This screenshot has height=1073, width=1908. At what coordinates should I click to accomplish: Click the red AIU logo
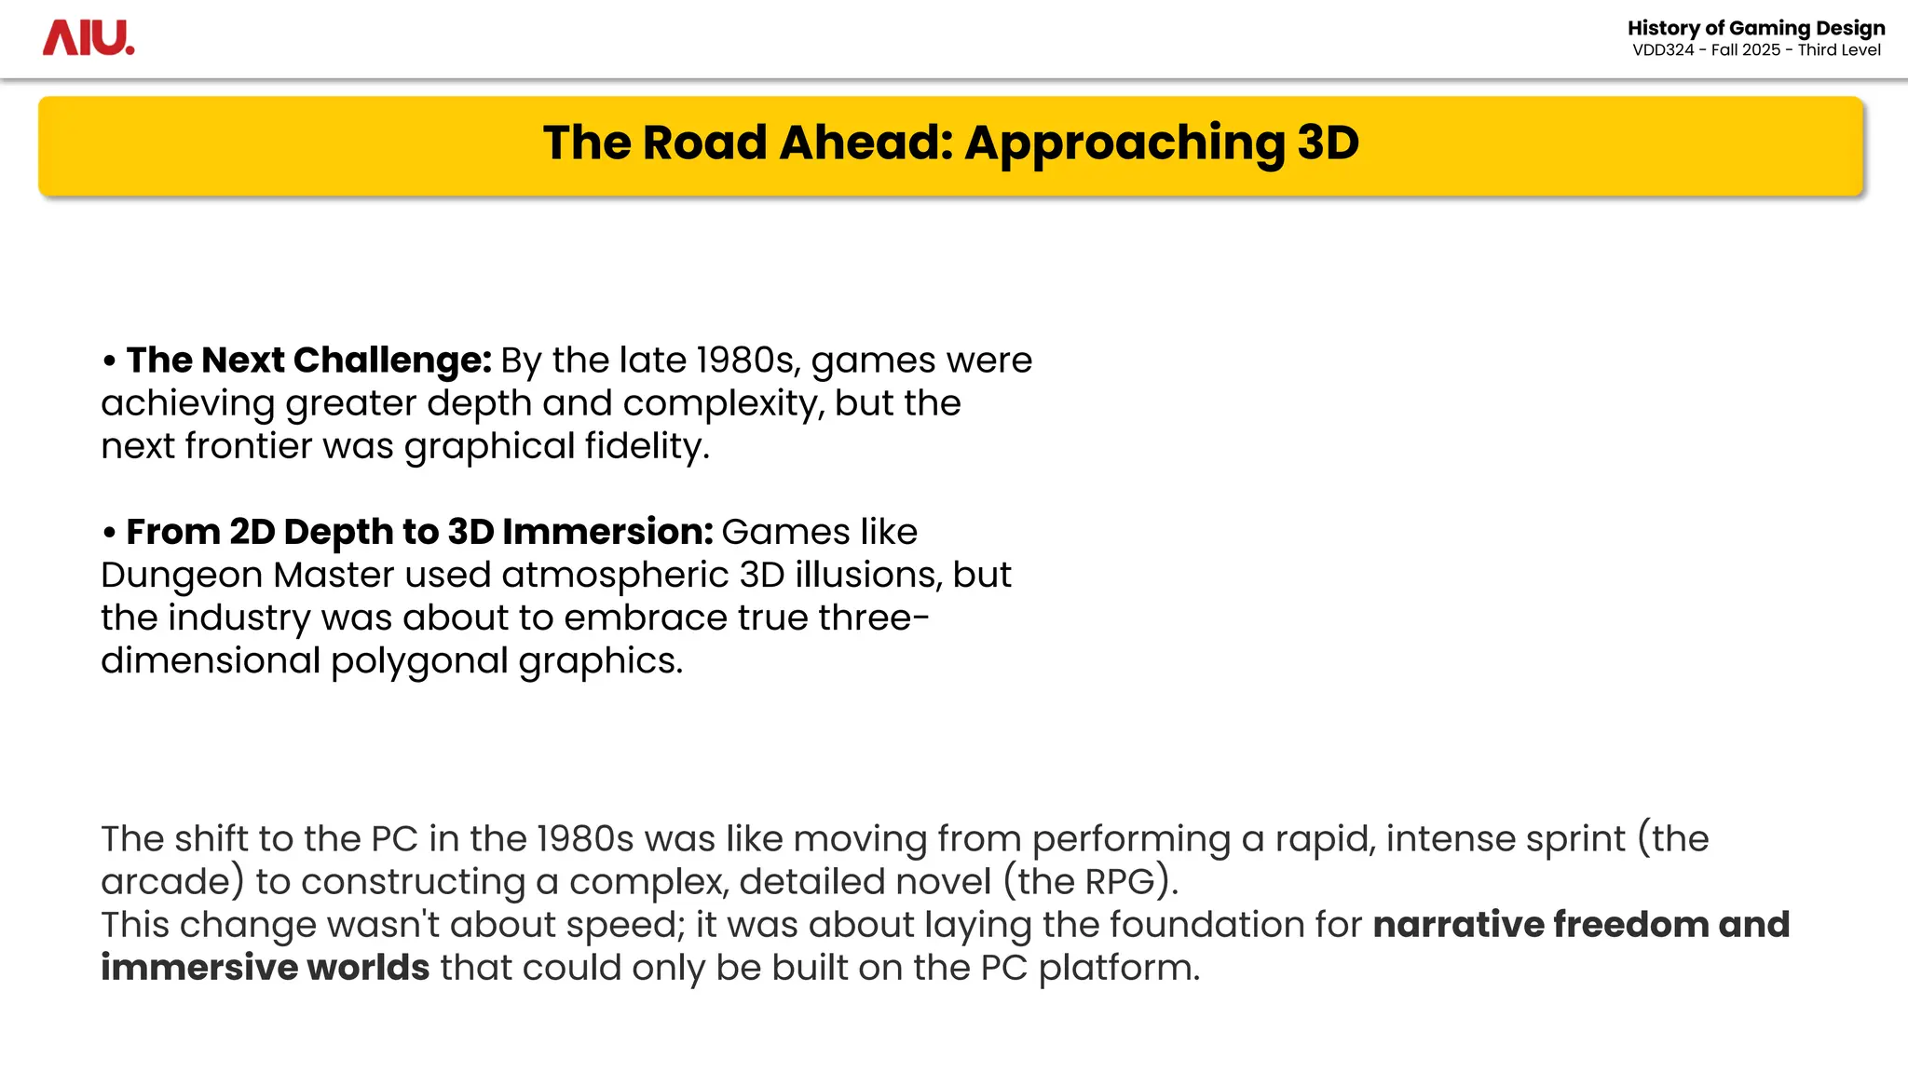pyautogui.click(x=89, y=38)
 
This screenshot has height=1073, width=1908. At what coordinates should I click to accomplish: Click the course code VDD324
pyautogui.click(x=1663, y=50)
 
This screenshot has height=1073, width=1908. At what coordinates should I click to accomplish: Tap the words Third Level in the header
pyautogui.click(x=1839, y=50)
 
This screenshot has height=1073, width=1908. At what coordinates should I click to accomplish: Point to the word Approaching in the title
pyautogui.click(x=1124, y=144)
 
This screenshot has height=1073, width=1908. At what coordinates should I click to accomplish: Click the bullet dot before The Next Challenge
pyautogui.click(x=110, y=361)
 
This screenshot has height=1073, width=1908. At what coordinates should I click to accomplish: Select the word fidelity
pyautogui.click(x=647, y=447)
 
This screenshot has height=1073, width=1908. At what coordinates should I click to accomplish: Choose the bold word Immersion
pyautogui.click(x=607, y=532)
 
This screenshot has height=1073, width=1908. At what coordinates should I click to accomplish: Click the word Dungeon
pyautogui.click(x=182, y=576)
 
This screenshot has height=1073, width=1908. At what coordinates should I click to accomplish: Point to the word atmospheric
pyautogui.click(x=615, y=575)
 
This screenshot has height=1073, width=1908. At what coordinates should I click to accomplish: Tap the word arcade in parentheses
pyautogui.click(x=166, y=882)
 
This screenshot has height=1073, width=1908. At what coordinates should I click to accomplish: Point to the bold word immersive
pyautogui.click(x=198, y=968)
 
